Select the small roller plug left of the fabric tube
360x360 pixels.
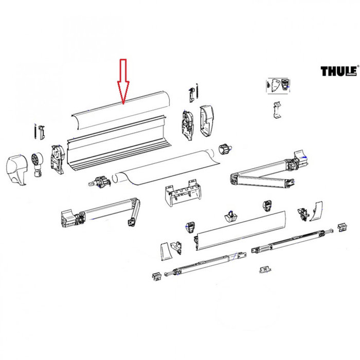pyautogui.click(x=101, y=182)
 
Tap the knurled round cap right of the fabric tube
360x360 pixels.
pyautogui.click(x=224, y=150)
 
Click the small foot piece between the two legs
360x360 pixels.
pyautogui.click(x=265, y=268)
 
